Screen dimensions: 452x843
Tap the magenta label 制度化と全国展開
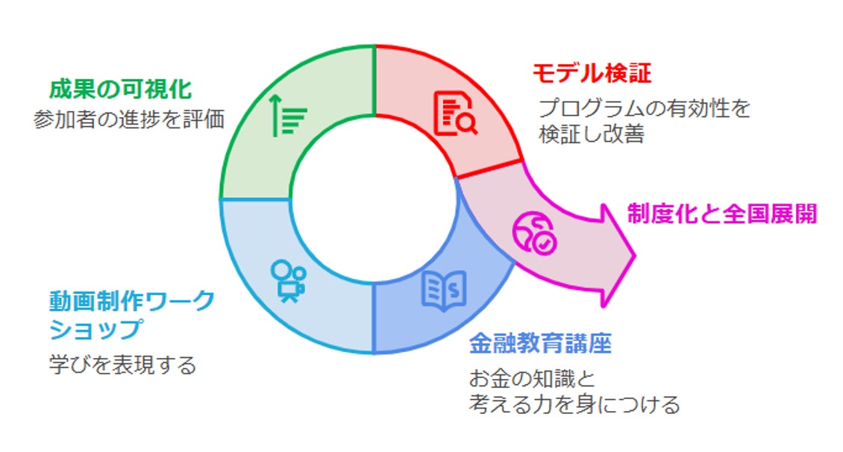point(721,214)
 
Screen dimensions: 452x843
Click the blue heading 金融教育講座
point(540,344)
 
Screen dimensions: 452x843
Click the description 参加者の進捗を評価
point(128,120)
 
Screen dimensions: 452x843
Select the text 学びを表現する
point(122,365)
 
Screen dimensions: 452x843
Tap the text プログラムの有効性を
point(644,109)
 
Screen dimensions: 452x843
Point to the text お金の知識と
point(532,378)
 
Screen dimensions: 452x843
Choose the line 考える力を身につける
point(574,404)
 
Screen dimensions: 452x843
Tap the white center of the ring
point(372,200)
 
